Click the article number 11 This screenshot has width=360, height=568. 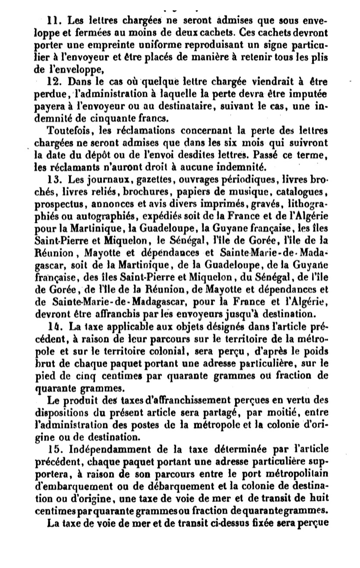pyautogui.click(x=53, y=19)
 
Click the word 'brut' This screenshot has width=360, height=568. pyautogui.click(x=42, y=374)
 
